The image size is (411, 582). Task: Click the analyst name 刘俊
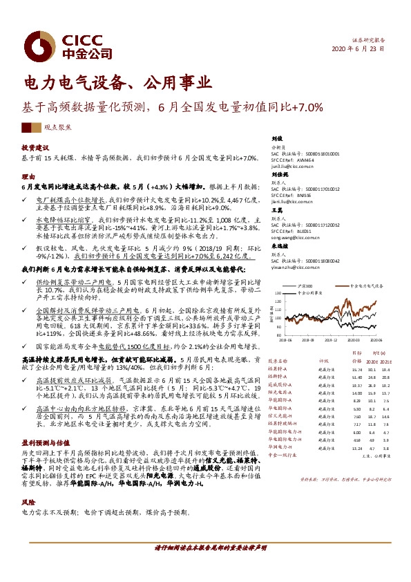(x=276, y=139)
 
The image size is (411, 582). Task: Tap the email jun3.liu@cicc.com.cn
(x=294, y=167)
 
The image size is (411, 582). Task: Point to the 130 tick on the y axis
(x=278, y=292)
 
